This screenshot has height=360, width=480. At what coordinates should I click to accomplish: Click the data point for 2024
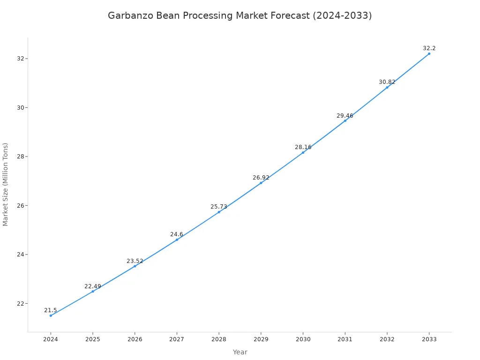(x=51, y=315)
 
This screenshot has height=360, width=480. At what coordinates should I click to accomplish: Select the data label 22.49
(x=93, y=286)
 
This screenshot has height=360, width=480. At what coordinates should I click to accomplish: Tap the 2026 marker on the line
(x=135, y=266)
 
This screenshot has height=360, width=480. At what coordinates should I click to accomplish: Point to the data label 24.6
(x=177, y=234)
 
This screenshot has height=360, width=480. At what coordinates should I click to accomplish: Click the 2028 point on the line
(x=219, y=212)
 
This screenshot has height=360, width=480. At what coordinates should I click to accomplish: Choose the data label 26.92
(x=261, y=178)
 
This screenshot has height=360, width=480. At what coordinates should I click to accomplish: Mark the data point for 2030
(x=303, y=152)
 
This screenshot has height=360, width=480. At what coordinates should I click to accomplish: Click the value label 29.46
(x=345, y=116)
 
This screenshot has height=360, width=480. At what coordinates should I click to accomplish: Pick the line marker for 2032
(x=387, y=87)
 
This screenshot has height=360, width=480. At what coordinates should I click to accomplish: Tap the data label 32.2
(x=429, y=48)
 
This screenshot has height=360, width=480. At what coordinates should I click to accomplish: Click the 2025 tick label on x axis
(x=93, y=339)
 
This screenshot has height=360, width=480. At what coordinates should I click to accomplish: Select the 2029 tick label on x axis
(x=261, y=339)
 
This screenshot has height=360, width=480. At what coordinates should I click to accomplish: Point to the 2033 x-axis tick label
(x=429, y=339)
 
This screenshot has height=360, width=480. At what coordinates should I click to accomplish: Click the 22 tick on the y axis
(x=21, y=304)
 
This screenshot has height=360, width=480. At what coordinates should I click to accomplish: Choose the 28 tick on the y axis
(x=21, y=157)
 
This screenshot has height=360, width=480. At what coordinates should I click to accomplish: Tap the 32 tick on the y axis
(x=21, y=59)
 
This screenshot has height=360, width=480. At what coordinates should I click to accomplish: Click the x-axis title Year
(x=240, y=352)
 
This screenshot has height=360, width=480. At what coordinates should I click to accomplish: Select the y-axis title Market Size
(x=6, y=184)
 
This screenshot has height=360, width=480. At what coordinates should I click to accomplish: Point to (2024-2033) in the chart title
(x=343, y=15)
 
